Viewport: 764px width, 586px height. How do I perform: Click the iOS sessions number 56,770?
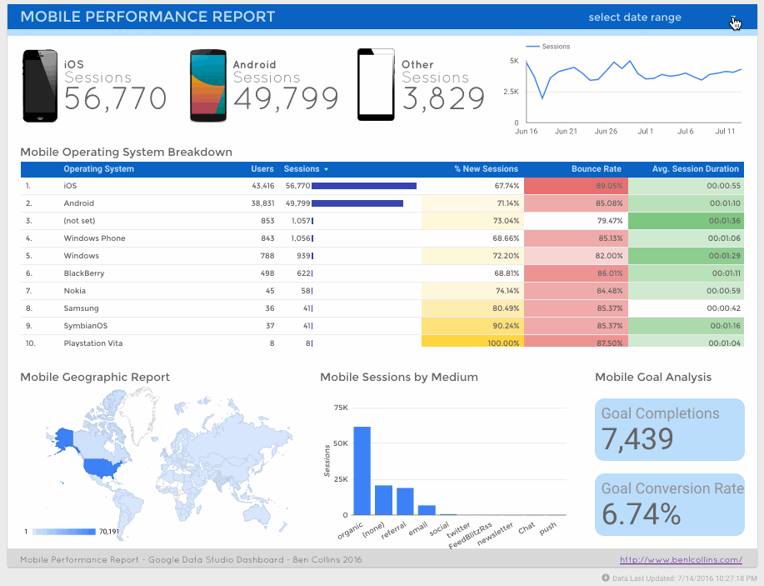point(115,99)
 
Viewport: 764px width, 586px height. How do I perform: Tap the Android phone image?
point(208,85)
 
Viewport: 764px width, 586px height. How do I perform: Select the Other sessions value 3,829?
point(443,99)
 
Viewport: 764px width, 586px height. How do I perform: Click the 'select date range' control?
point(635,18)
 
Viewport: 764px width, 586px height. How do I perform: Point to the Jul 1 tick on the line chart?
point(645,132)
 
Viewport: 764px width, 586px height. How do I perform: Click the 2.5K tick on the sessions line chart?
point(510,92)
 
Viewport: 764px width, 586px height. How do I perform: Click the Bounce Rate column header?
point(596,169)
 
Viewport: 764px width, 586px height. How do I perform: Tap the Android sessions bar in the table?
point(357,203)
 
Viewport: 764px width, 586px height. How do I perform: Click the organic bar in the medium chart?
point(362,471)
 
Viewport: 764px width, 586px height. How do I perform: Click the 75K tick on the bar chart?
point(340,408)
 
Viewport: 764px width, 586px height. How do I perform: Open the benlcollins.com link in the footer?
point(681,560)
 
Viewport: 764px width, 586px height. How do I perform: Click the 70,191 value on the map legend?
point(110,531)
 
